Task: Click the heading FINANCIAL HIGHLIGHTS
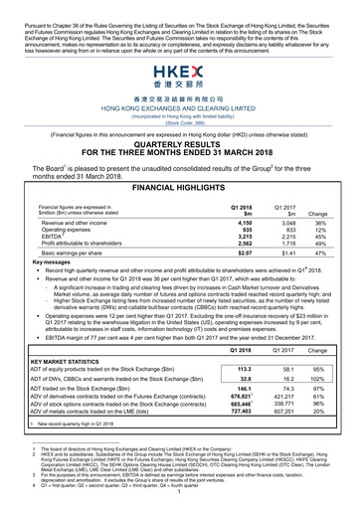180,158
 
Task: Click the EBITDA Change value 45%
323,211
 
